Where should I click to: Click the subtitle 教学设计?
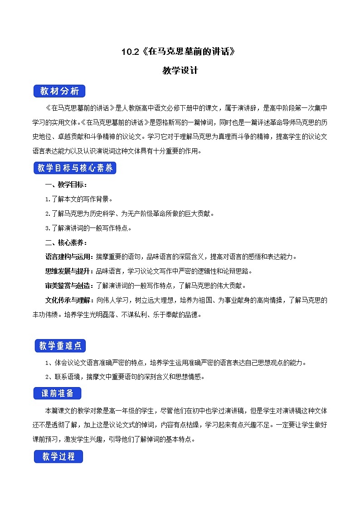(180, 71)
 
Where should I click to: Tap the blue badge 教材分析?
(59, 91)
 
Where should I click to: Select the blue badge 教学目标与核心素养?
(76, 168)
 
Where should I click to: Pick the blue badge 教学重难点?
(60, 346)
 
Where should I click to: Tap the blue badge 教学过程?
(58, 456)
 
